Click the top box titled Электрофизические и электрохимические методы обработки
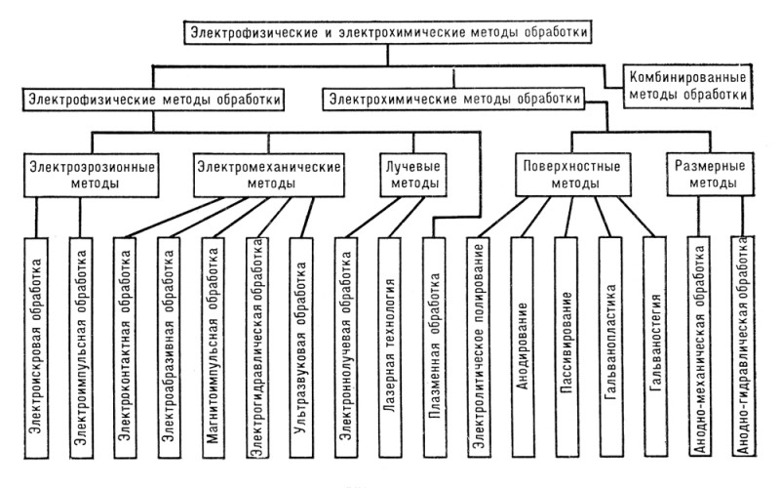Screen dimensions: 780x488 point(387,33)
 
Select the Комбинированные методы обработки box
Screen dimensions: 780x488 point(687,86)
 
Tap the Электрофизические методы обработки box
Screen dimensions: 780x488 point(154,100)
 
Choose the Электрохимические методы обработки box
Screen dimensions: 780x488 point(453,100)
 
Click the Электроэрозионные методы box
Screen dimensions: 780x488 point(92,175)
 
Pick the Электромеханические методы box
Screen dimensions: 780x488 point(269,175)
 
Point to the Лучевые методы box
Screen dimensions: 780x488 point(413,175)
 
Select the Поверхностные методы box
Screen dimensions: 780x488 point(573,175)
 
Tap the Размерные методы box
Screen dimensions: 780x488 point(711,174)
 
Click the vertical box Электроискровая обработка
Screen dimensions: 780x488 point(36,347)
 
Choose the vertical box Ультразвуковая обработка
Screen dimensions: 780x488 point(301,347)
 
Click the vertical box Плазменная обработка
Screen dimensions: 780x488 point(435,347)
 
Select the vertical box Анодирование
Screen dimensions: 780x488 point(523,347)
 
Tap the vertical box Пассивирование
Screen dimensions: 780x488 point(566,347)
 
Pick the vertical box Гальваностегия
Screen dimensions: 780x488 point(655,346)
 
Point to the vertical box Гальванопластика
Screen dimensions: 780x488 point(611,347)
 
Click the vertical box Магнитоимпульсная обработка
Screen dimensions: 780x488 point(214,347)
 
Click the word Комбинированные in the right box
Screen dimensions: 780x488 point(687,78)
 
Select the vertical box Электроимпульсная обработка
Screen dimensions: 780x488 point(81,347)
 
